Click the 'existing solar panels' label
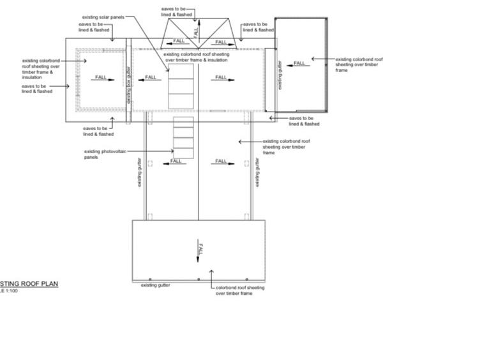[x=103, y=17]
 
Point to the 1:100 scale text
[x=10, y=291]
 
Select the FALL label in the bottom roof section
[x=202, y=248]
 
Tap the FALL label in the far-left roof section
[x=101, y=77]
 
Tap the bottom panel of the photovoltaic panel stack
[x=184, y=153]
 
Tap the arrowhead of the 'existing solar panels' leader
[x=169, y=69]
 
